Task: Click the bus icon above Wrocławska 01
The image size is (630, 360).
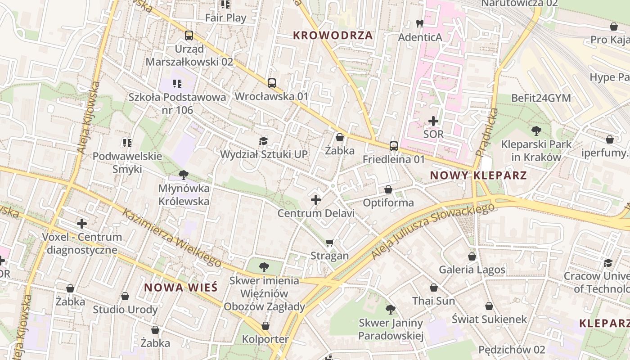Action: click(x=271, y=83)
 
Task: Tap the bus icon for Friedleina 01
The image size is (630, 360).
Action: click(x=394, y=146)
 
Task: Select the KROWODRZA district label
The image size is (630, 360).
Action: click(x=333, y=35)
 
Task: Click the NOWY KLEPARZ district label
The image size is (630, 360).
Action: click(x=478, y=175)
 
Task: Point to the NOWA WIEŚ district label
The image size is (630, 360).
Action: click(x=181, y=287)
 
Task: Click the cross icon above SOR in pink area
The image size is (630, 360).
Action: click(x=433, y=121)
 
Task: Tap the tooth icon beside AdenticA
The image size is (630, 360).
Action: click(x=420, y=24)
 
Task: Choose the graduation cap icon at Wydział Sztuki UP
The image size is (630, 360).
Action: click(x=263, y=141)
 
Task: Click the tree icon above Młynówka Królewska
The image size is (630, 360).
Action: click(x=183, y=175)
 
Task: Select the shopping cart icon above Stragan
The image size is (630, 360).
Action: click(x=330, y=243)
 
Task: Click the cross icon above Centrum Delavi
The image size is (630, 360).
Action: click(x=316, y=199)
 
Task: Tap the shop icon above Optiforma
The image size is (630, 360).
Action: click(x=388, y=189)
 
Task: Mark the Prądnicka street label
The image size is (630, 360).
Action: click(x=486, y=132)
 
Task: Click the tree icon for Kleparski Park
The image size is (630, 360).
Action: click(x=536, y=131)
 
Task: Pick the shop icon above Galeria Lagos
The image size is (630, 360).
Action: click(x=472, y=256)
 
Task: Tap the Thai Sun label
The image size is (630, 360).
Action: click(x=434, y=301)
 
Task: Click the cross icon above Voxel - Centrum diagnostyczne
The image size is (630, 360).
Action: click(x=82, y=223)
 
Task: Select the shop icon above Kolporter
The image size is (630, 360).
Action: click(x=265, y=326)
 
